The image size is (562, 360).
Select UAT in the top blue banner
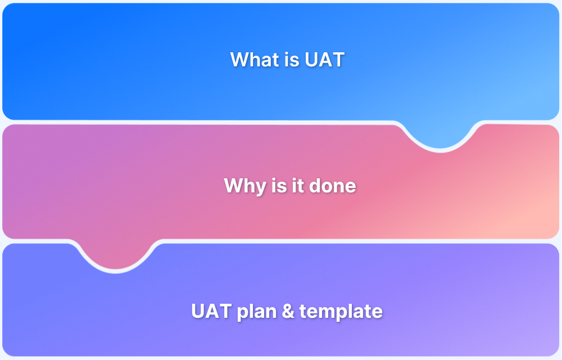325,60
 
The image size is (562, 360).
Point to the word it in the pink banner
296,186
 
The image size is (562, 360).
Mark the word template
341,311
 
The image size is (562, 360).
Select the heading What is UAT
287,60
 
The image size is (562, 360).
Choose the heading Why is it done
290,186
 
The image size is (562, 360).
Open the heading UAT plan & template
287,311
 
